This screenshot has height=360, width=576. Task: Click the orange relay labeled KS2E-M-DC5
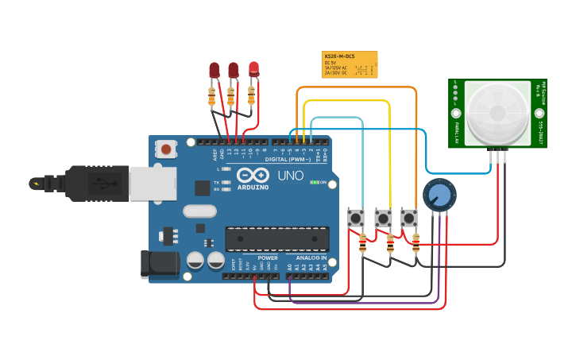click(350, 64)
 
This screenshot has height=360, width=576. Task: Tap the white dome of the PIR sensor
click(497, 112)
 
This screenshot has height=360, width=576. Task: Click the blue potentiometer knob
click(439, 195)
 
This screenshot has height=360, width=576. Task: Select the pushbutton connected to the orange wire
click(409, 217)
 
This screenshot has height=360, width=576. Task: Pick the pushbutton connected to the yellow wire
click(383, 217)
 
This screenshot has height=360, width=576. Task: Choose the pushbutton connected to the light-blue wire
click(356, 217)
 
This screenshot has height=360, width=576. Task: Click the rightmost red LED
click(253, 69)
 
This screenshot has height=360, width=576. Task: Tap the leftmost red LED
click(214, 70)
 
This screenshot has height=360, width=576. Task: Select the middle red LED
click(234, 70)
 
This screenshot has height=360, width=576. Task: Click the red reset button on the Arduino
click(166, 149)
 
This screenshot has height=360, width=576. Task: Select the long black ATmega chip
click(276, 238)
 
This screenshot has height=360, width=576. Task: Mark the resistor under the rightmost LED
click(251, 95)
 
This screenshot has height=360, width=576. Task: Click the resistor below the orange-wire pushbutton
click(416, 245)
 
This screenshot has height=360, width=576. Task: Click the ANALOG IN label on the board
click(311, 257)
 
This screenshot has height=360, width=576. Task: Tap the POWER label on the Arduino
click(268, 257)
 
